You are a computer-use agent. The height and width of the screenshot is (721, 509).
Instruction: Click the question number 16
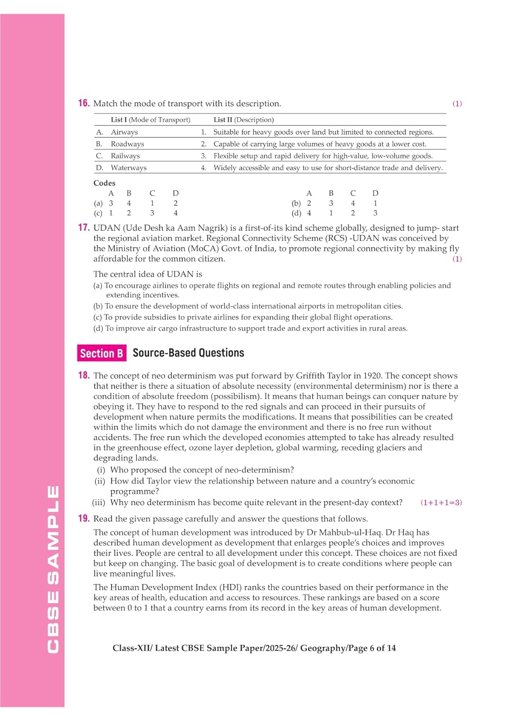point(84,103)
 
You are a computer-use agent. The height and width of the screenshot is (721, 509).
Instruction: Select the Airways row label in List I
point(124,132)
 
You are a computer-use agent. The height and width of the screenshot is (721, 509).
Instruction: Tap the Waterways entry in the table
point(128,168)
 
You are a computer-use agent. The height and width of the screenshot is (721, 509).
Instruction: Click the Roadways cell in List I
point(127,144)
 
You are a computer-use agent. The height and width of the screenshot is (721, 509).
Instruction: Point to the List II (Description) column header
point(243,120)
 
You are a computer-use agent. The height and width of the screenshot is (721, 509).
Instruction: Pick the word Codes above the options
point(104,183)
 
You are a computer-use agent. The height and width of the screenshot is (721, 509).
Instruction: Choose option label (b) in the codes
point(296,203)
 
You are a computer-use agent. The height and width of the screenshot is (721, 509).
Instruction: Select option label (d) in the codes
point(296,213)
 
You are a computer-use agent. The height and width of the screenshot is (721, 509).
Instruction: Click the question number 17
point(84,227)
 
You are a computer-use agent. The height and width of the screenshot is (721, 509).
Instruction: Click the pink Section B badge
point(101,353)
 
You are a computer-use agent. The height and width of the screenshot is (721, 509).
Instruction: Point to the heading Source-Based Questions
point(188,353)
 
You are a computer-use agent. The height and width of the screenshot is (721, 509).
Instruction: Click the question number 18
point(84,375)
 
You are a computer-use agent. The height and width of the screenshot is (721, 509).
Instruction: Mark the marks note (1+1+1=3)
point(441,503)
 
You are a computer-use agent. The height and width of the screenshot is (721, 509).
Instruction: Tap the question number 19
point(84,518)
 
